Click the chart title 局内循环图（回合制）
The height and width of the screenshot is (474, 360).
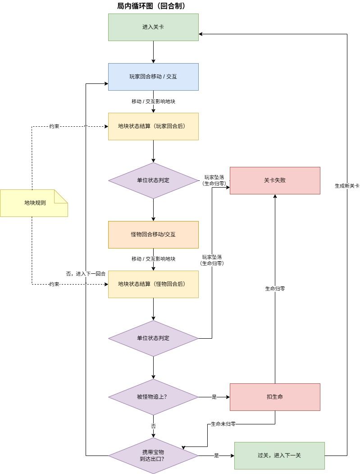(x=151, y=6)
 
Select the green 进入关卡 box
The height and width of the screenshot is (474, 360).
(x=154, y=27)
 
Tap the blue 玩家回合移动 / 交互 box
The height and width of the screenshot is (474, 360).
(x=154, y=77)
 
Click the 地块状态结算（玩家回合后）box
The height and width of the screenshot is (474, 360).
(x=154, y=126)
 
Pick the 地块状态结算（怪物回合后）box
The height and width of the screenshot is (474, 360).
(x=154, y=284)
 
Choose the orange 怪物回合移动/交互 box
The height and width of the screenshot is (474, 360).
(x=154, y=235)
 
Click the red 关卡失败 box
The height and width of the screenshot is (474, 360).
(x=275, y=180)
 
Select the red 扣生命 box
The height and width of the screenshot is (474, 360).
(x=275, y=397)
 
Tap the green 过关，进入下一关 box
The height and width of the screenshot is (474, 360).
(x=279, y=456)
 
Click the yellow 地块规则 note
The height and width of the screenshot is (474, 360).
(x=34, y=203)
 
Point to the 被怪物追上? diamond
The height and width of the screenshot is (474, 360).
(x=154, y=397)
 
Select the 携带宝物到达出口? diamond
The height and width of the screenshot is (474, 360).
(x=154, y=456)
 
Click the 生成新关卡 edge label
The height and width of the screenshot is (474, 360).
(x=347, y=186)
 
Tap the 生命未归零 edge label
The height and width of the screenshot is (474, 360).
(x=223, y=424)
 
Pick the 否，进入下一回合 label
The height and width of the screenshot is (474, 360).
(x=86, y=274)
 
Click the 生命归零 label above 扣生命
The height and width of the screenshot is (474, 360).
(x=275, y=289)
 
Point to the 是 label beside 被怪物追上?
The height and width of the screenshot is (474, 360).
(x=214, y=397)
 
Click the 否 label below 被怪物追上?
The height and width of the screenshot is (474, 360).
(x=154, y=426)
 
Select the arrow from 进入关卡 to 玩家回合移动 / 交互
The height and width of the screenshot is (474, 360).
(x=154, y=52)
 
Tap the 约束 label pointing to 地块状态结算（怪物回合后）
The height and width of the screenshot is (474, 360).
(x=54, y=284)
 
